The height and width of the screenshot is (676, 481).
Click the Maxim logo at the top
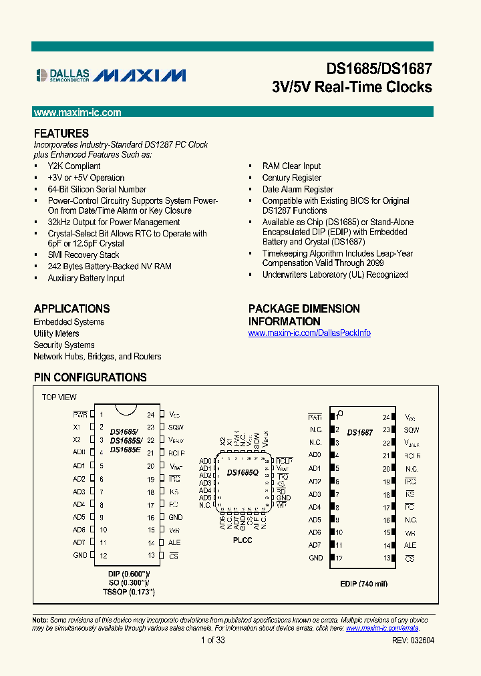[140, 75]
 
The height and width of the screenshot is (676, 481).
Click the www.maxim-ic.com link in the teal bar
[77, 113]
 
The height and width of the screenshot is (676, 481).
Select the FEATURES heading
[61, 133]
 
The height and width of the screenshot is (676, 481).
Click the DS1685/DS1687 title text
[379, 69]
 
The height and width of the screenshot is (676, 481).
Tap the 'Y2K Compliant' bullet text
[74, 166]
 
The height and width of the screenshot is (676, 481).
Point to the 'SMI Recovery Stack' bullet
[84, 255]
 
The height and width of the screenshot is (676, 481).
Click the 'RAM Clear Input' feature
[291, 166]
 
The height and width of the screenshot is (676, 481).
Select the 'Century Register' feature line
[292, 178]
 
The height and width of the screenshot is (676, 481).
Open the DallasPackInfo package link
[309, 333]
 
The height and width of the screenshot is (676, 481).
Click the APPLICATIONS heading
[72, 309]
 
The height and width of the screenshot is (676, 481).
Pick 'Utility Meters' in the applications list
[56, 333]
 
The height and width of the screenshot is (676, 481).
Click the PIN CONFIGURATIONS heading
[90, 377]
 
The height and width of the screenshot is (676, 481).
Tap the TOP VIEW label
[59, 397]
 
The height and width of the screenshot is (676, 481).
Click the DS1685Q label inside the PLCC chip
[243, 473]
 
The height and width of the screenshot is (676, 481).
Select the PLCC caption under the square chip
[243, 540]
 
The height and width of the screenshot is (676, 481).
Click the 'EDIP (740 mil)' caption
[363, 584]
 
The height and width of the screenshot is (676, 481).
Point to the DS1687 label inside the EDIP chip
[360, 433]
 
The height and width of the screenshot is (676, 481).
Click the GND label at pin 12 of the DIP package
[79, 556]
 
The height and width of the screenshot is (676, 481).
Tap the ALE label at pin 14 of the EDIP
[411, 545]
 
